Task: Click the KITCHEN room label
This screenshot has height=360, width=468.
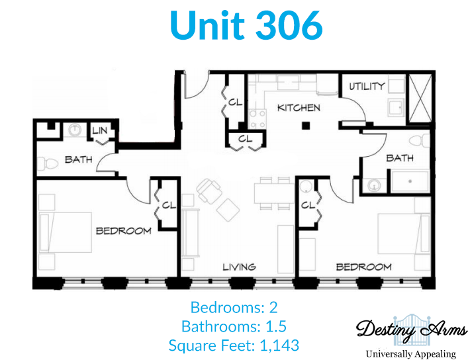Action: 299,107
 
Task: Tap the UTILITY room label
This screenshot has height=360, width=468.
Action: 367,86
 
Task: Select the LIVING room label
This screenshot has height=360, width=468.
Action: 239,267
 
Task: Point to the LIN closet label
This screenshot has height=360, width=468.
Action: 100,130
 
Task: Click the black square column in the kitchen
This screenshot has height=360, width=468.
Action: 306,126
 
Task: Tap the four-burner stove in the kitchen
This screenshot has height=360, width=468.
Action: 257,119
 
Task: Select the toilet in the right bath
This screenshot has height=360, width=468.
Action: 420,140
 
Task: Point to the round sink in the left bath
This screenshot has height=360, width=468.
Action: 75,130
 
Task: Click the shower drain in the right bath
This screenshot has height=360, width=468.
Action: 410,181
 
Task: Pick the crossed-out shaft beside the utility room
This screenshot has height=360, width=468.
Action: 420,98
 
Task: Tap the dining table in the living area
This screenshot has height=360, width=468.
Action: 275,193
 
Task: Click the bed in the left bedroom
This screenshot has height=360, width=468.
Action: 66,232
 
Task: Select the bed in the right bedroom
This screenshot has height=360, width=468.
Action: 404,234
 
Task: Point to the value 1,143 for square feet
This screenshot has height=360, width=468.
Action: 279,345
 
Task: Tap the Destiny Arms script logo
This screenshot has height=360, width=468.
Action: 412,330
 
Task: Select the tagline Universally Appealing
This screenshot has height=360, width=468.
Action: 411,354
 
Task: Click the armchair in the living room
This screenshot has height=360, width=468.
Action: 209,191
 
